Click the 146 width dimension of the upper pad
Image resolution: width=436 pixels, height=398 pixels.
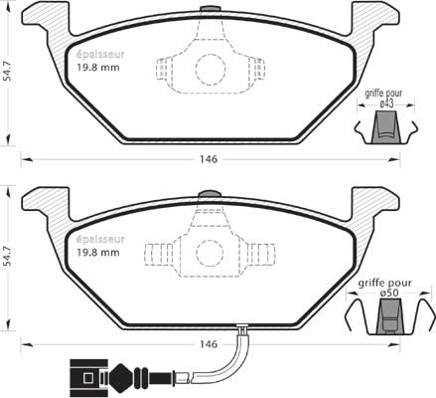209,159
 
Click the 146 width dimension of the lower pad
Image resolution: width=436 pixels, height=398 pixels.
209,344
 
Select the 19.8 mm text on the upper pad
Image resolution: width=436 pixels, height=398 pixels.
98,68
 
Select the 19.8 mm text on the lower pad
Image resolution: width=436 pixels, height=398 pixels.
98,253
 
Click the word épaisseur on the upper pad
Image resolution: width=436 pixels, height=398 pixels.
100,54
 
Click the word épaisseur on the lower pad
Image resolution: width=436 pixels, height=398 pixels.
100,239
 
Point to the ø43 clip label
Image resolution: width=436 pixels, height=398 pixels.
386,104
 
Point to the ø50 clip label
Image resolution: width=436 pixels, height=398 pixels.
388,294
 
